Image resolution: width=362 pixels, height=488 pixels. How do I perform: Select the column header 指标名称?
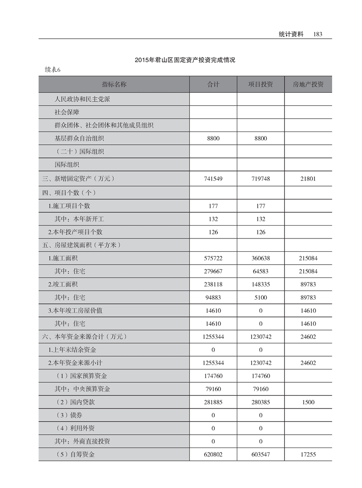[x=114, y=84]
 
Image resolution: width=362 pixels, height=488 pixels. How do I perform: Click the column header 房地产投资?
[x=308, y=84]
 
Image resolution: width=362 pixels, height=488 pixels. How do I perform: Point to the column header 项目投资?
[x=260, y=84]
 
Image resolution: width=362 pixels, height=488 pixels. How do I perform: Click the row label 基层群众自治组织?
[x=79, y=139]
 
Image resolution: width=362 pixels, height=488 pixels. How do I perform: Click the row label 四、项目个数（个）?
[x=69, y=193]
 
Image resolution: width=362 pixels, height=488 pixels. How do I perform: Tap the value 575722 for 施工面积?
[x=213, y=258]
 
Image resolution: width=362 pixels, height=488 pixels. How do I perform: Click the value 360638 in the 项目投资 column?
[x=260, y=258]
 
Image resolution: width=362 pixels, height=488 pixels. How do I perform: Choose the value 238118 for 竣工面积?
[x=213, y=284]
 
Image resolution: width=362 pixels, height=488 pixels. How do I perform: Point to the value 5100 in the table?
[x=260, y=298]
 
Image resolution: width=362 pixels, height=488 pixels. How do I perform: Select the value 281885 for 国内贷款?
[x=213, y=402]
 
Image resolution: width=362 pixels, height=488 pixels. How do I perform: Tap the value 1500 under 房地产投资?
[x=308, y=402]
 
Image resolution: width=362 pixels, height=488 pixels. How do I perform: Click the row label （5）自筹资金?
[x=75, y=454]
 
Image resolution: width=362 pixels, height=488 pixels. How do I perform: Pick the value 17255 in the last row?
[x=308, y=454]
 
